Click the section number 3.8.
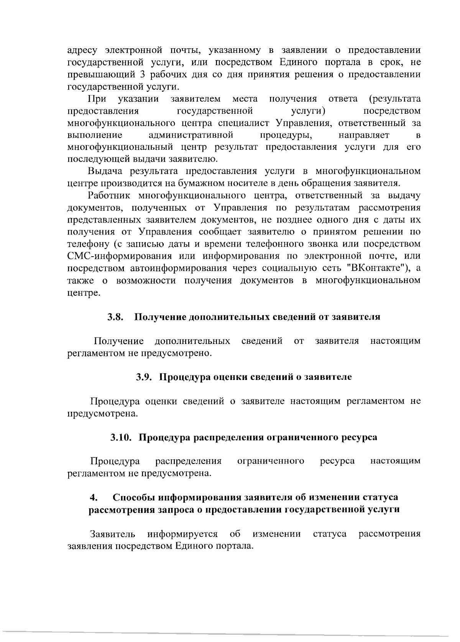tap(115, 317)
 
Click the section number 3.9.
tap(145, 377)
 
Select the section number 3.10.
tap(122, 437)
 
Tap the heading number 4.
tap(92, 498)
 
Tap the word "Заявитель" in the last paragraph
tap(112, 534)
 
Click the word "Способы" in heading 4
tap(134, 498)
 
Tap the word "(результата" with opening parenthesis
tap(394, 99)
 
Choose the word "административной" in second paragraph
tap(191, 135)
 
